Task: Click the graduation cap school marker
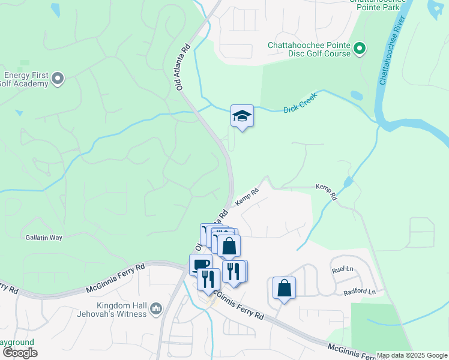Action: [242, 116]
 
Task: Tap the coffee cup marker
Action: [200, 263]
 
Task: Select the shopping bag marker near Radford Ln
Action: [285, 287]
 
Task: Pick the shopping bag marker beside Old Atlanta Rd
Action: [229, 245]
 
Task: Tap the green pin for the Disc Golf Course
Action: [359, 48]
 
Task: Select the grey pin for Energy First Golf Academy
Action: [58, 78]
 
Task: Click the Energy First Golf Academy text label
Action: [24, 79]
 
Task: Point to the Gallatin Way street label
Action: [44, 238]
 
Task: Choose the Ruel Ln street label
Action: [343, 271]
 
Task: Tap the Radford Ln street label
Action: [359, 292]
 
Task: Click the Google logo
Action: [20, 353]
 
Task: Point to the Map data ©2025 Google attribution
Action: [412, 356]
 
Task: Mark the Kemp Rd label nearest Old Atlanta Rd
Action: [247, 196]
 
